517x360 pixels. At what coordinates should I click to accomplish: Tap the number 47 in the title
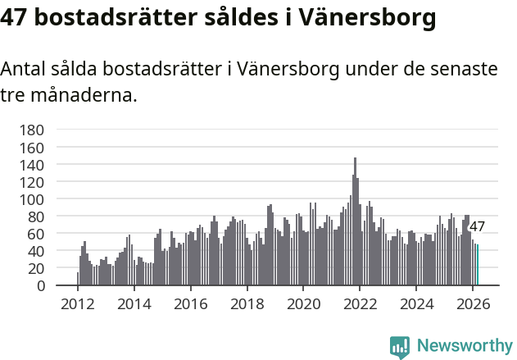pyautogui.click(x=17, y=18)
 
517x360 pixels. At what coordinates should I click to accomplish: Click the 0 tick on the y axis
pyautogui.click(x=40, y=285)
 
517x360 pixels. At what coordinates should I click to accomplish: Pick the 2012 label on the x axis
pyautogui.click(x=78, y=303)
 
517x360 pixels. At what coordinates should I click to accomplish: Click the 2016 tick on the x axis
pyautogui.click(x=190, y=303)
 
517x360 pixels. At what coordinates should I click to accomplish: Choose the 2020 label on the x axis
pyautogui.click(x=303, y=303)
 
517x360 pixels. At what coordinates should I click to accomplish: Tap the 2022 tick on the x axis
pyautogui.click(x=360, y=303)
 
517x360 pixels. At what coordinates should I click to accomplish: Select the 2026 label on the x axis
pyautogui.click(x=473, y=303)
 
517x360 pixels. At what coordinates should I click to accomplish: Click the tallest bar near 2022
pyautogui.click(x=355, y=221)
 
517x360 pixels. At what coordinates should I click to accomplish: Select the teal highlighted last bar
pyautogui.click(x=478, y=265)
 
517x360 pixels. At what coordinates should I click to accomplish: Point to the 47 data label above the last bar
pyautogui.click(x=477, y=227)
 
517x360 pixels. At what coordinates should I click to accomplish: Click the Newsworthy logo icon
pyautogui.click(x=400, y=347)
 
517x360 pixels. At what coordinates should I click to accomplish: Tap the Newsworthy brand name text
pyautogui.click(x=464, y=346)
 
